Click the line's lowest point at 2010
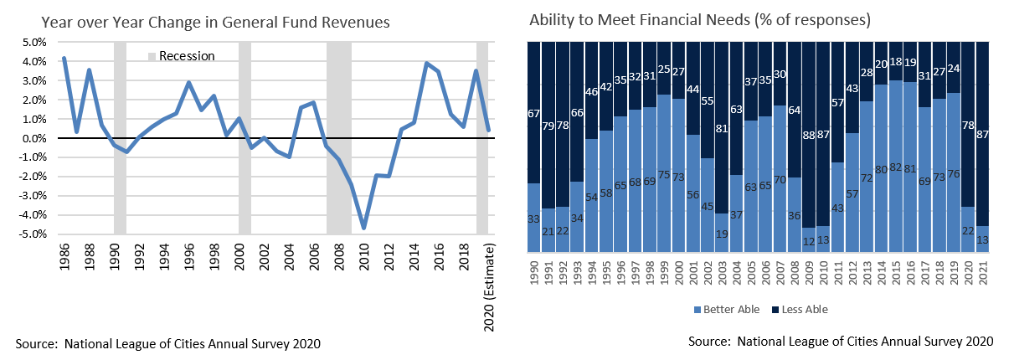point(364,228)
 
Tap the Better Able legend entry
point(727,310)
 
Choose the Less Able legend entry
point(803,310)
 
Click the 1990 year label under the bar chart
point(533,271)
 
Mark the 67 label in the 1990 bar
point(533,114)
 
